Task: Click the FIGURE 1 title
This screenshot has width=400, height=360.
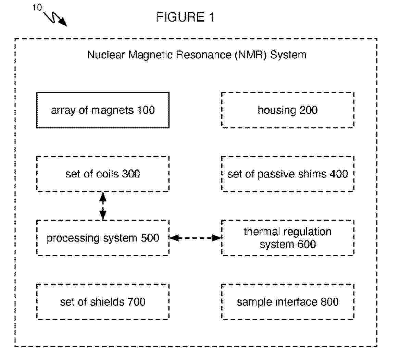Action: tap(185, 17)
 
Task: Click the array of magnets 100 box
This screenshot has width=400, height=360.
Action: tap(103, 110)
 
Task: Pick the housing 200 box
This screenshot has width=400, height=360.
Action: tap(288, 110)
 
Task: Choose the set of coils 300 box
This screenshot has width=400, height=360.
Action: tap(103, 174)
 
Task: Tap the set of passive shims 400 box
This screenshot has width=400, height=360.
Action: tap(288, 174)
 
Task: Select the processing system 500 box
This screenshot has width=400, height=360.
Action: tap(103, 238)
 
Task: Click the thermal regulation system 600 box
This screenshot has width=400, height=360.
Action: tap(288, 238)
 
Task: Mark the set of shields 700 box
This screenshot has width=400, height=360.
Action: tap(103, 302)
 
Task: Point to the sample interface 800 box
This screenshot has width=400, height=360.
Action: tap(288, 302)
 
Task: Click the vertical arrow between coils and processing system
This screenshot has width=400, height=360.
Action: tap(103, 206)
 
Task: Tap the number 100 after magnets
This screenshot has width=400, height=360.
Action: tap(146, 110)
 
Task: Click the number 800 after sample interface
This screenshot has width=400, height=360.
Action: tap(329, 302)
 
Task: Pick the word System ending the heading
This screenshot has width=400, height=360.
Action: tap(288, 55)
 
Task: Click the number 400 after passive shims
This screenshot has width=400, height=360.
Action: tap(339, 174)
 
